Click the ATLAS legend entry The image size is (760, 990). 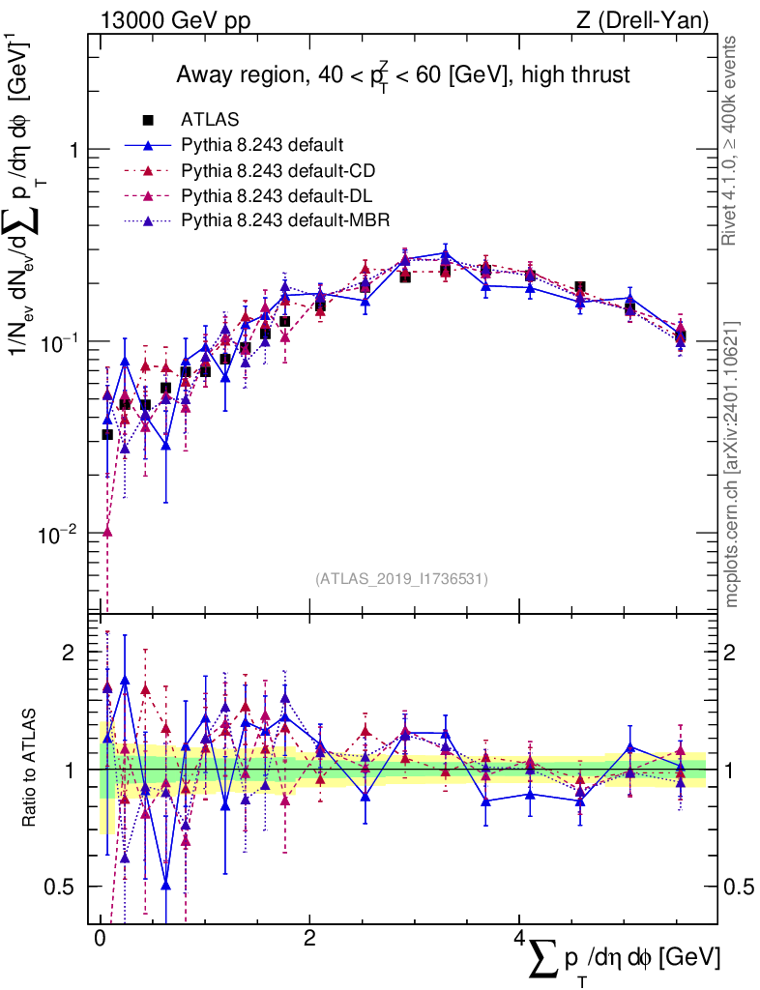pyautogui.click(x=210, y=120)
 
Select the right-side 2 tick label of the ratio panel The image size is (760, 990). pyautogui.click(x=731, y=653)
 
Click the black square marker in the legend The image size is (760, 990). pyautogui.click(x=148, y=120)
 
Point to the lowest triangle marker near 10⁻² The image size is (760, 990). pyautogui.click(x=107, y=532)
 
